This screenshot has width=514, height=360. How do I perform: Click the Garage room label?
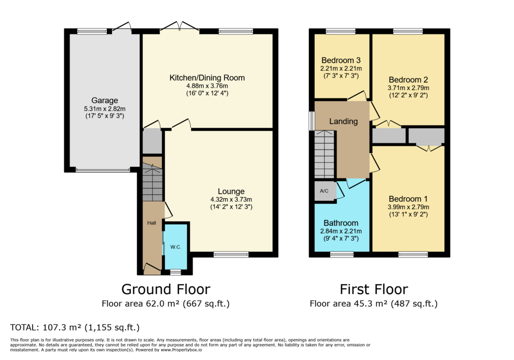[x=104, y=100]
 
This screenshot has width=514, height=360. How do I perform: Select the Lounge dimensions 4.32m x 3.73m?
[x=231, y=199]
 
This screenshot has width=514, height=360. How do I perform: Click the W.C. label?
[x=175, y=247]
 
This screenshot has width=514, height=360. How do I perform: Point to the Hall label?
[x=151, y=222]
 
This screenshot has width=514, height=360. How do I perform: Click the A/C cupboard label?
[x=324, y=190]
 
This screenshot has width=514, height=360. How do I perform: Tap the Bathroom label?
[x=341, y=223]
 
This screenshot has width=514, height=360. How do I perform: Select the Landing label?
[x=343, y=121]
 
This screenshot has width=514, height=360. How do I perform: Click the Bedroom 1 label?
[x=409, y=198]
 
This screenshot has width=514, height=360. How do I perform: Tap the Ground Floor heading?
[x=166, y=289]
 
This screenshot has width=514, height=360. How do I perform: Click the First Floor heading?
[x=374, y=289]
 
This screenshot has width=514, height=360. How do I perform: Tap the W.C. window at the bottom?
[x=175, y=272]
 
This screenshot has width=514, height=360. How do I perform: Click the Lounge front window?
[x=231, y=254]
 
